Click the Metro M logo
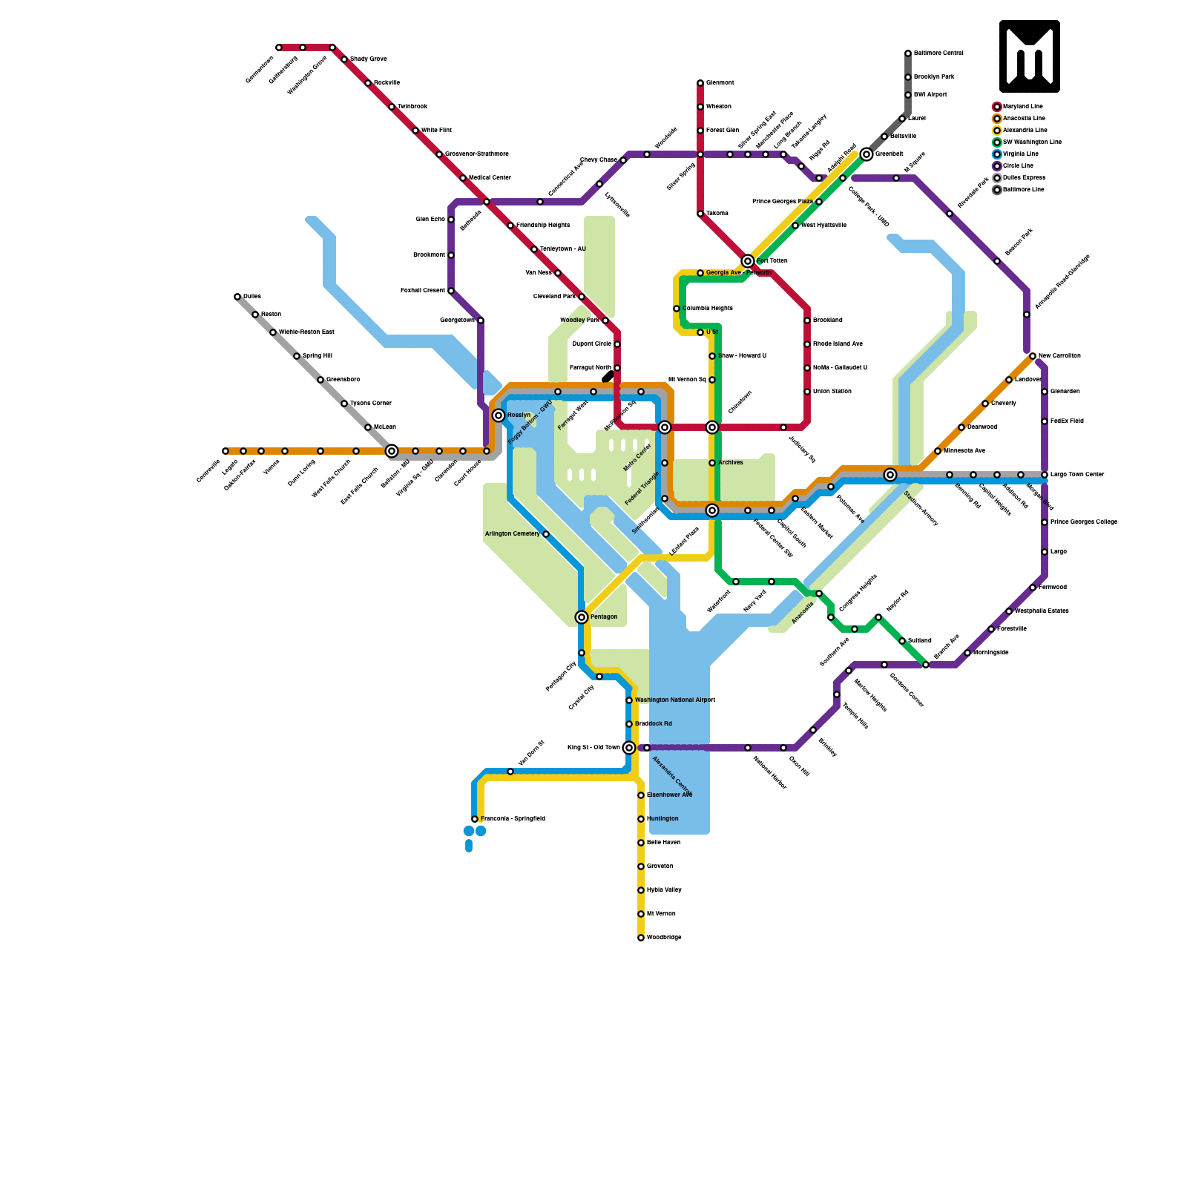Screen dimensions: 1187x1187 pyautogui.click(x=1029, y=56)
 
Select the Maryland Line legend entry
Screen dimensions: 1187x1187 pyautogui.click(x=1022, y=107)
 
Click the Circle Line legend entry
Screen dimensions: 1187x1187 pyautogui.click(x=1017, y=166)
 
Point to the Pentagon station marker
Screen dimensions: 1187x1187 pyautogui.click(x=582, y=617)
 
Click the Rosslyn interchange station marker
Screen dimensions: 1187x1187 pyautogui.click(x=499, y=415)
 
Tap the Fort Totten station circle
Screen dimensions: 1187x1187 pyautogui.click(x=748, y=261)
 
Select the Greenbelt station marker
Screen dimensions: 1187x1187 pyautogui.click(x=867, y=154)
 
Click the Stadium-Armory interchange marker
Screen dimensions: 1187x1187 pyautogui.click(x=890, y=475)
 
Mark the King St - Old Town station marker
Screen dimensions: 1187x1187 pyautogui.click(x=629, y=748)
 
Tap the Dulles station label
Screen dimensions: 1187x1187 pyautogui.click(x=252, y=297)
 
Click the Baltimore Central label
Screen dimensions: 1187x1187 pyautogui.click(x=938, y=53)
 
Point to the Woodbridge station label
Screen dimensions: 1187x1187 pyautogui.click(x=664, y=938)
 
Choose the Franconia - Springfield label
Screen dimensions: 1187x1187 pyautogui.click(x=513, y=819)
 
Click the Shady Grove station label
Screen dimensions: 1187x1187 pyautogui.click(x=368, y=59)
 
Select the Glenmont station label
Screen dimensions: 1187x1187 pyautogui.click(x=720, y=83)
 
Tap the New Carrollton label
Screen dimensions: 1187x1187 pyautogui.click(x=1059, y=356)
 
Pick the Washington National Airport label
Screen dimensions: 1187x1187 pyautogui.click(x=675, y=700)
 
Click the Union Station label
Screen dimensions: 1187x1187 pyautogui.click(x=832, y=392)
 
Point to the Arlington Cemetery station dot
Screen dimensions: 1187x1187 pyautogui.click(x=546, y=534)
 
